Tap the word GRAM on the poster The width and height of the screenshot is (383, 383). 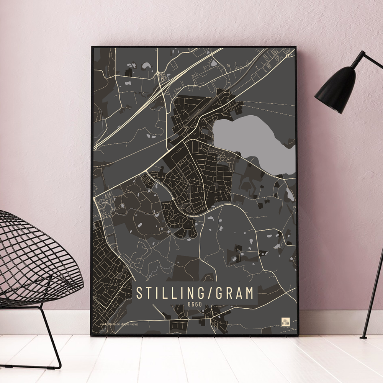pos(235,293)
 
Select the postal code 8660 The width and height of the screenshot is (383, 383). pos(195,304)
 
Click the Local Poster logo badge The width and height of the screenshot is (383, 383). pos(285,321)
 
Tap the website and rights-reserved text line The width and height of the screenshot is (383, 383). pos(119,324)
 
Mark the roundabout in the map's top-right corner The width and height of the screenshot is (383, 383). pos(287,56)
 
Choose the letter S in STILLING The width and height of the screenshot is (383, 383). pos(139,293)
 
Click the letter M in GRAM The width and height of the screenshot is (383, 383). pos(249,293)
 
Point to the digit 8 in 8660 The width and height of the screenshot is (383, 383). pos(189,304)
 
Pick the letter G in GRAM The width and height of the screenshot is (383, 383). pos(220,293)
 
